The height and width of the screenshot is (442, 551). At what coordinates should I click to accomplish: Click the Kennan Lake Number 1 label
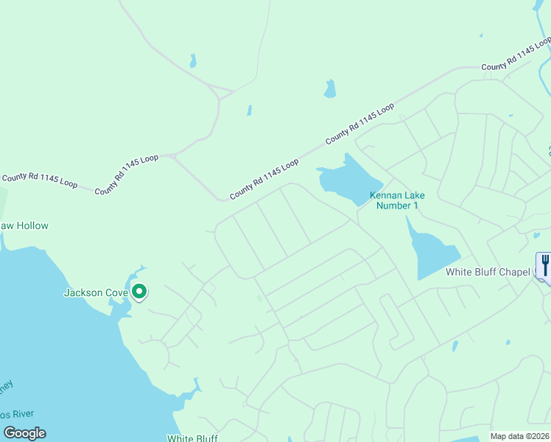click(396, 200)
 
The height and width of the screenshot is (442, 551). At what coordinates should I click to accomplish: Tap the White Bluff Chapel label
click(488, 272)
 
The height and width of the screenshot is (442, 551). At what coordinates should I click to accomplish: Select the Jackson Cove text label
click(96, 292)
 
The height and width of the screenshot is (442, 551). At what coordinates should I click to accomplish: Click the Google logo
click(24, 433)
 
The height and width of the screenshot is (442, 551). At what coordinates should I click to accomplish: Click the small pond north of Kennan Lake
click(329, 89)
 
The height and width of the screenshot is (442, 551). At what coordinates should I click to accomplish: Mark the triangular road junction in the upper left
click(220, 94)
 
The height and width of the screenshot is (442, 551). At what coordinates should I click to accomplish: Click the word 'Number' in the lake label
click(393, 206)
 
